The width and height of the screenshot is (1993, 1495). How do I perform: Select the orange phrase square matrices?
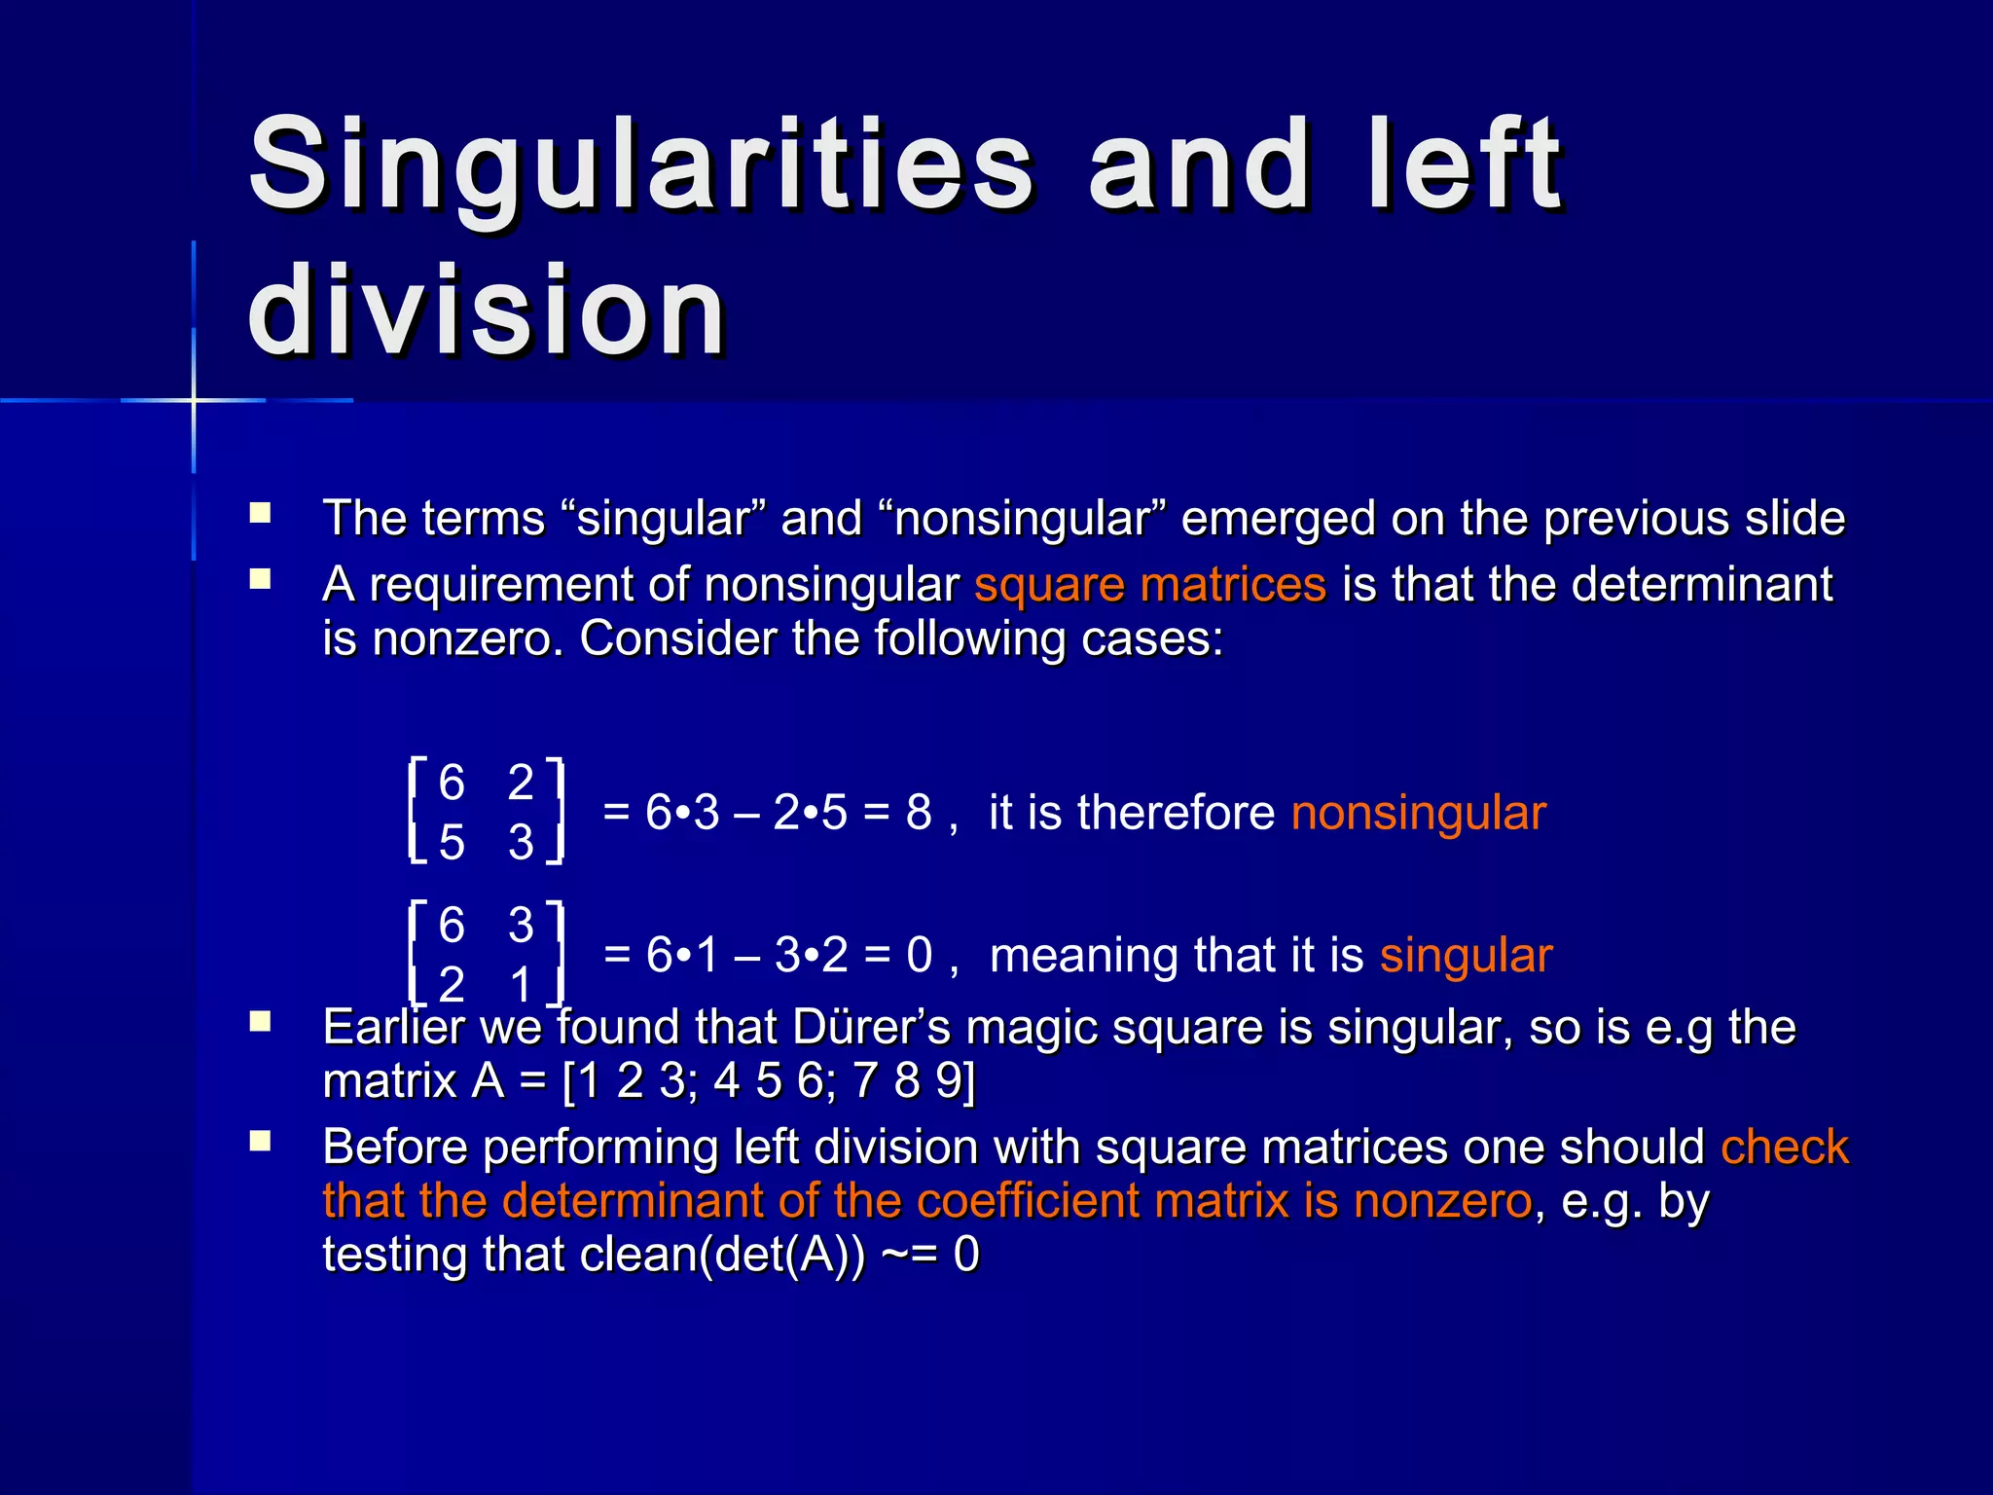coord(1150,585)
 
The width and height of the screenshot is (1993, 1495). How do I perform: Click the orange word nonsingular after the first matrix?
coord(1418,813)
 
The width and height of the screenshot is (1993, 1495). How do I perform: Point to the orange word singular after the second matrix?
coord(1466,956)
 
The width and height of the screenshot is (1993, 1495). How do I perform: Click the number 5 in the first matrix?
coord(452,842)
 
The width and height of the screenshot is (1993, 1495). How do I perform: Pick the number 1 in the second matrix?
coord(522,985)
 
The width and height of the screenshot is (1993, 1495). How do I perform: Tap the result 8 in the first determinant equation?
coord(919,813)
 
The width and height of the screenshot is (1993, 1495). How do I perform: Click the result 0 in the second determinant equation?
coord(920,956)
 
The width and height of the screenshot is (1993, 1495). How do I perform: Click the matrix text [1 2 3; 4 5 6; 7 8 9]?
coord(769,1081)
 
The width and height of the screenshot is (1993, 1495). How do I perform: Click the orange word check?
coord(1784,1147)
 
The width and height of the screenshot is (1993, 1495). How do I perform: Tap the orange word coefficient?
coord(1028,1201)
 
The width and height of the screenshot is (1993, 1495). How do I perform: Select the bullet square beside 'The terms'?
coord(260,513)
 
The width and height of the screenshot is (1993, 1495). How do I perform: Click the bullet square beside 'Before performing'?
coord(260,1142)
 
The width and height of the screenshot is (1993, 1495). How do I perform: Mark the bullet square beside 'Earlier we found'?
coord(260,1022)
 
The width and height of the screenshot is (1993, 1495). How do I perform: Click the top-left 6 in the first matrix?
coord(452,783)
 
